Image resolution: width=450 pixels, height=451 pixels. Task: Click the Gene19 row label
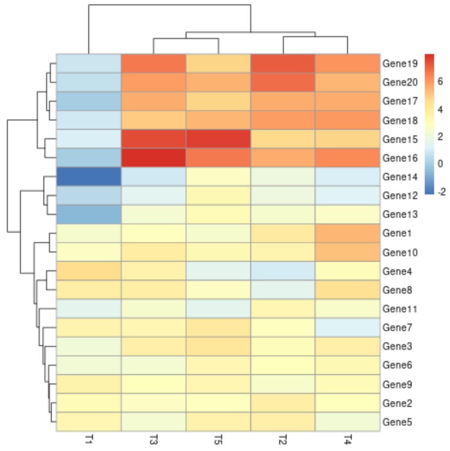click(x=400, y=63)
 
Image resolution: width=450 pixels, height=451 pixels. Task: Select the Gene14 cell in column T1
click(x=89, y=177)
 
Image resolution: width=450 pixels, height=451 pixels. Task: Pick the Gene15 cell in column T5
click(x=218, y=139)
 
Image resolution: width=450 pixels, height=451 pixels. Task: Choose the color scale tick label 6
click(x=440, y=82)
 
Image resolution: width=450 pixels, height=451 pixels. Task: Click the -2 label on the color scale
click(x=441, y=192)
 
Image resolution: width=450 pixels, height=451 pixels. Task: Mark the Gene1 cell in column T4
click(x=348, y=233)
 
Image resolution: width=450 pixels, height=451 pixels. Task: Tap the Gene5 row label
click(x=398, y=422)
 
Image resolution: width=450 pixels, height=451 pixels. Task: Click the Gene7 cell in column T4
click(x=348, y=328)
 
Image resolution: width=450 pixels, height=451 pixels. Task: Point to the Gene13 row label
click(x=400, y=214)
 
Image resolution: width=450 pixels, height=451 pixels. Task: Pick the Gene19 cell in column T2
click(x=283, y=63)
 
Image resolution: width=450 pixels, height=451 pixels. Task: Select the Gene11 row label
click(x=400, y=309)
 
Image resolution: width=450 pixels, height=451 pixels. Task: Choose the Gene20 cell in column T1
click(x=89, y=82)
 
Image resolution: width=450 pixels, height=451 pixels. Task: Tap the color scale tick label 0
click(x=440, y=164)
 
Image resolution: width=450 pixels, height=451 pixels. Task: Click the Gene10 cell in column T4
click(x=348, y=252)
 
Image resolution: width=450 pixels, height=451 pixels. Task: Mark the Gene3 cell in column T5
click(x=218, y=347)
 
